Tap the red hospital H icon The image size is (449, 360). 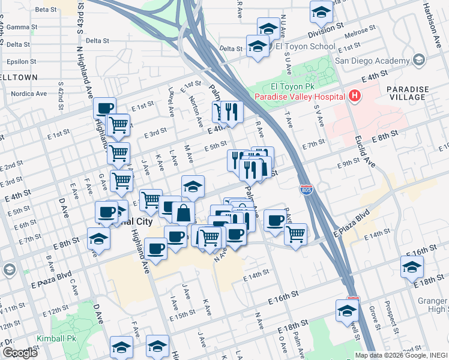[x=355, y=95]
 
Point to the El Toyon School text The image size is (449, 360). [x=305, y=46]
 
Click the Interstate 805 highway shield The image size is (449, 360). [x=306, y=190]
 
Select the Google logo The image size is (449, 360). [x=20, y=353]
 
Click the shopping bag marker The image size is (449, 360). [x=183, y=213]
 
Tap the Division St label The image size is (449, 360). [x=325, y=28]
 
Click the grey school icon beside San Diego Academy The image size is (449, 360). [x=418, y=59]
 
